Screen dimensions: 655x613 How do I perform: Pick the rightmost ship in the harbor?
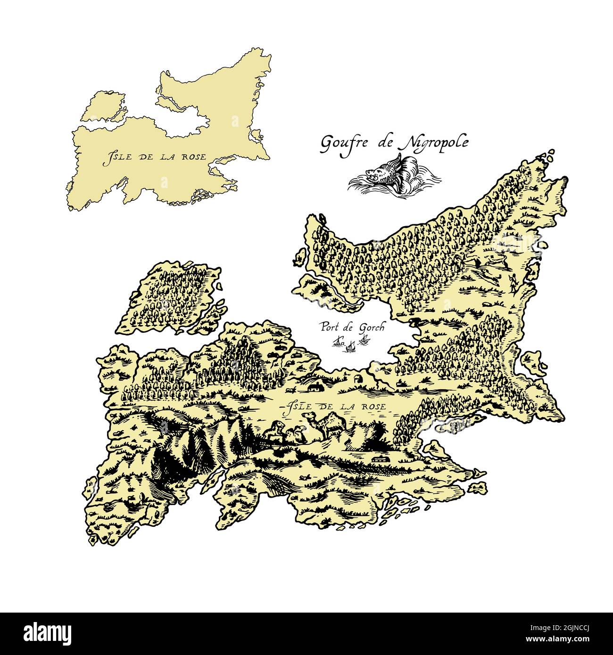coord(364,339)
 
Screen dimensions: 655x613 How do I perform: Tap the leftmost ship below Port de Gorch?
coord(338,341)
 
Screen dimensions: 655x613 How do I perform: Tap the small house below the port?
coord(314,387)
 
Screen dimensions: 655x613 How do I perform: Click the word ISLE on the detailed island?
coord(296,406)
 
